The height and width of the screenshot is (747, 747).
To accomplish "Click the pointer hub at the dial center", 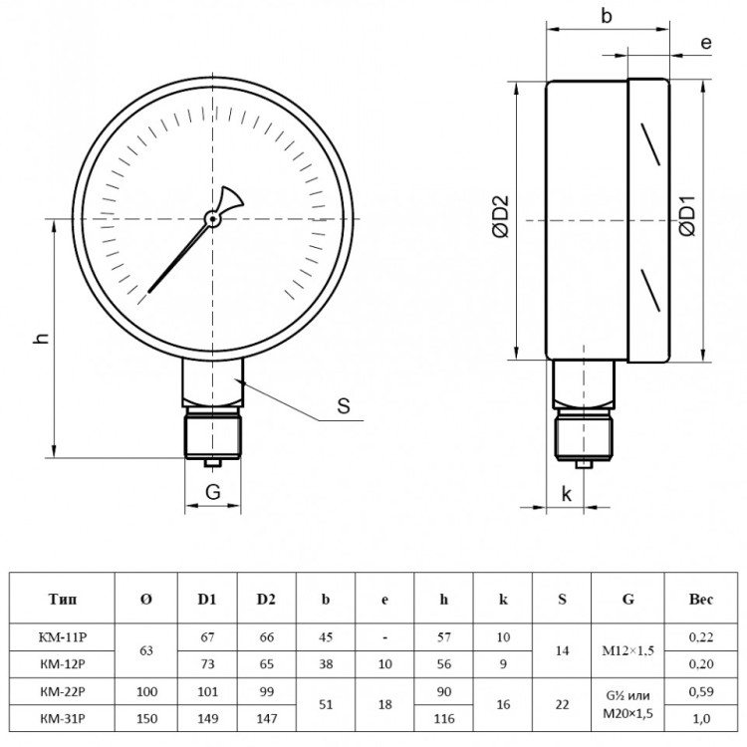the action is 212,219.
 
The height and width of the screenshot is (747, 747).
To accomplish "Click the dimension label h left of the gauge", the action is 43,338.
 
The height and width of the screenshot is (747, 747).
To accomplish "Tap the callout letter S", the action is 344,406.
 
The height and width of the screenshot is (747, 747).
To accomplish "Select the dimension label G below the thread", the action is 213,492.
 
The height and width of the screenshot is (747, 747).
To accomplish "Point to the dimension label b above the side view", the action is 606,16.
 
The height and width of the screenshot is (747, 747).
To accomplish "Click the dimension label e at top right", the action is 706,43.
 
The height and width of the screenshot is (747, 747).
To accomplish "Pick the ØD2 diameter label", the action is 501,216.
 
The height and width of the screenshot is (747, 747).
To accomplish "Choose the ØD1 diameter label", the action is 687,216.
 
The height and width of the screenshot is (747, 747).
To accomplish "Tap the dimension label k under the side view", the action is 566,494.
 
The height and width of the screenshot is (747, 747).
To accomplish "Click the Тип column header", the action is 62,599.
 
